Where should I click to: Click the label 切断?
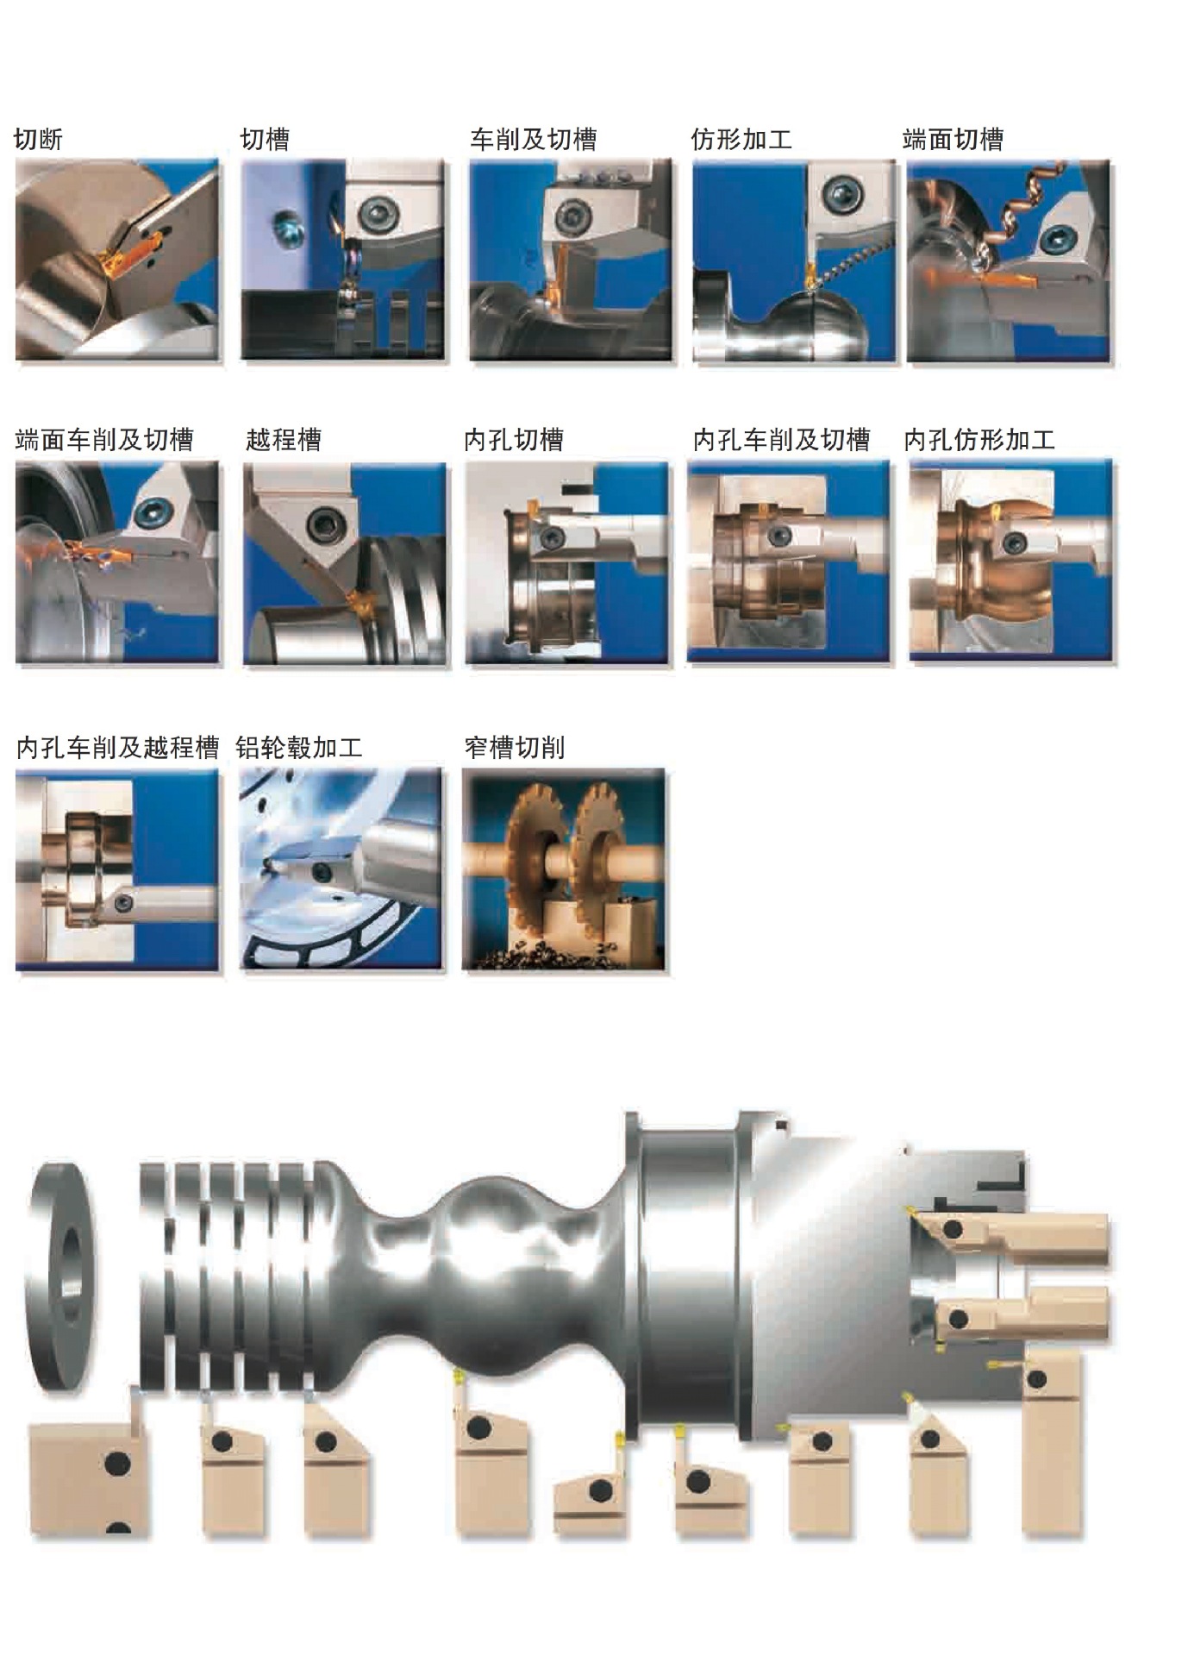coord(39,140)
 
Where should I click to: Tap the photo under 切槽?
coord(343,260)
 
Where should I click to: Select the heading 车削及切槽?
coord(533,140)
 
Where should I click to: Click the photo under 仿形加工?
coord(794,260)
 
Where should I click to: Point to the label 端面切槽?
coord(953,140)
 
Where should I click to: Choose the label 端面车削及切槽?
coord(104,440)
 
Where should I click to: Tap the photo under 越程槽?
coord(345,563)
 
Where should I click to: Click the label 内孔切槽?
coord(514,440)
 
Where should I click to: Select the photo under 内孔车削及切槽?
coord(788,561)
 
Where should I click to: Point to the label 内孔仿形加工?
coord(979,440)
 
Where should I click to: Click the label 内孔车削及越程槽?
coord(117,747)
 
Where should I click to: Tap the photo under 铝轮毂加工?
coord(341,869)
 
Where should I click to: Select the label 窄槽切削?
coord(515,747)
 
